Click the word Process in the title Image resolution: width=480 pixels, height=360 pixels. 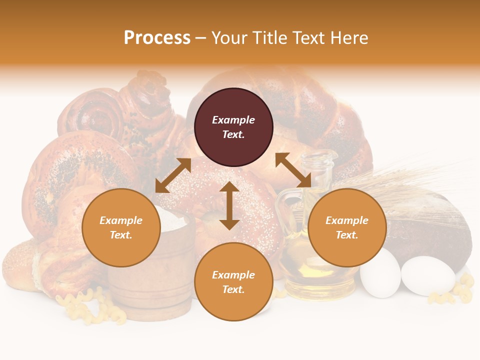tap(157, 38)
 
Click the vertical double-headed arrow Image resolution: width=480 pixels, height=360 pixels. tap(229, 205)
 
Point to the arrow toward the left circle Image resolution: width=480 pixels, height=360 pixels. tap(173, 175)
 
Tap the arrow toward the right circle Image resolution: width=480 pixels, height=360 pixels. tap(293, 170)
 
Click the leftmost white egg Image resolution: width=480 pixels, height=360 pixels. tap(380, 273)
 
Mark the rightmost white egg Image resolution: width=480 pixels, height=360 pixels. tap(428, 275)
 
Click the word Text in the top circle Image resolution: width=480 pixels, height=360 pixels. tap(233, 134)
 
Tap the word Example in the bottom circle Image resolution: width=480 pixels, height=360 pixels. tap(233, 275)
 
